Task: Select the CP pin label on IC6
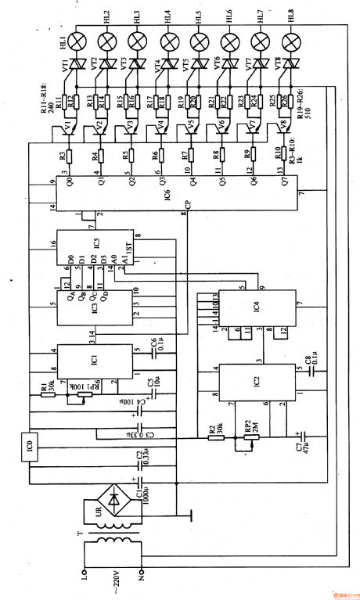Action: pyautogui.click(x=187, y=207)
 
